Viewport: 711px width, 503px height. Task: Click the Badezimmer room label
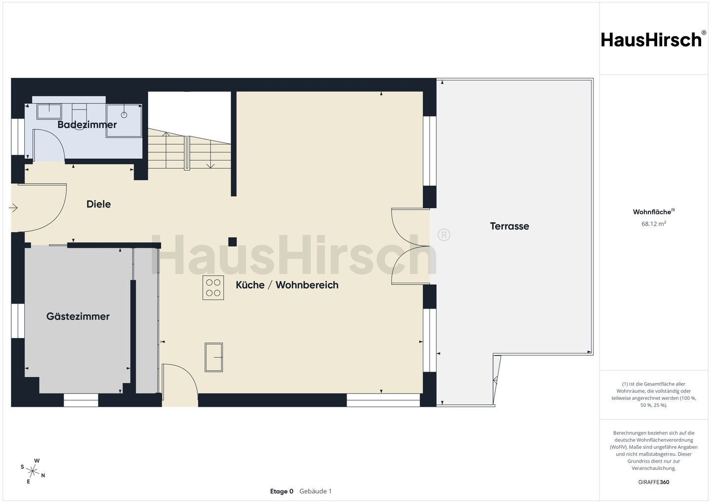pos(87,124)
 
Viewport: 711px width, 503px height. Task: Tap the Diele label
pos(99,204)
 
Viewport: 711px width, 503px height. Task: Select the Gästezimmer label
pos(78,316)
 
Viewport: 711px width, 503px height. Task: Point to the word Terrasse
pos(510,226)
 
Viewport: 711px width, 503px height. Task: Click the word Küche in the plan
pos(250,285)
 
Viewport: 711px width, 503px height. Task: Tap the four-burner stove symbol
pos(213,287)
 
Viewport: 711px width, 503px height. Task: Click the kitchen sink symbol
pos(214,357)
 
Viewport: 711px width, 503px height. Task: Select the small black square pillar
pos(233,242)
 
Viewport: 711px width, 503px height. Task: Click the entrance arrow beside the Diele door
pos(13,208)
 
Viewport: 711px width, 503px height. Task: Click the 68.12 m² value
pos(654,224)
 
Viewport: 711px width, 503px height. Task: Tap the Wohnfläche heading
pos(654,212)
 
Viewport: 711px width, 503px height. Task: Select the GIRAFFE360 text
pos(654,482)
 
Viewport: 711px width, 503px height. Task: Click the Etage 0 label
pos(281,491)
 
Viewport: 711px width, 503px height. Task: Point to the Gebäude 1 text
pos(316,491)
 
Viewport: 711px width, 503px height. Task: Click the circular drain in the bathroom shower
pos(124,115)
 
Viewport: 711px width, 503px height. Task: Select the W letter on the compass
pos(37,461)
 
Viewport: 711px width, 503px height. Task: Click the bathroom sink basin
pos(49,112)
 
